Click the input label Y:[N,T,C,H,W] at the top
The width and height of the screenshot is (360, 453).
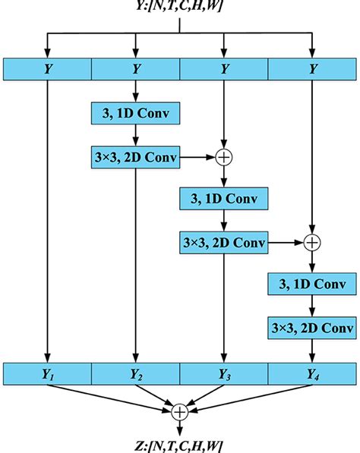point(180,8)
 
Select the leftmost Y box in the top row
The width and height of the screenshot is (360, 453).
point(47,69)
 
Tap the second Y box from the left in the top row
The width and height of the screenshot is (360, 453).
point(135,69)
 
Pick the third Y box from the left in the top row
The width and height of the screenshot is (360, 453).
point(224,69)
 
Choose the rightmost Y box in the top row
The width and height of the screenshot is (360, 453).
point(312,69)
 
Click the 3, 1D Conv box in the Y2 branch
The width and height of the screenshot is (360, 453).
point(135,114)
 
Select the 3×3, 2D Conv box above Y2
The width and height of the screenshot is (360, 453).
point(135,158)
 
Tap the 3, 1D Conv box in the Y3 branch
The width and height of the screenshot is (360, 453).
point(224,199)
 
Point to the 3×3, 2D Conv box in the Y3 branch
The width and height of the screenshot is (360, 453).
point(224,243)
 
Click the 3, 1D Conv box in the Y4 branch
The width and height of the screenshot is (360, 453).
point(312,285)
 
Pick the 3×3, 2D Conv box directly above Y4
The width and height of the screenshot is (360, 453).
point(312,328)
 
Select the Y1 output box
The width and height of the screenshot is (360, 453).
point(47,373)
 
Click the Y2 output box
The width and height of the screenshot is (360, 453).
point(135,373)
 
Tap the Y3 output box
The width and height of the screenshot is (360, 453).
point(224,373)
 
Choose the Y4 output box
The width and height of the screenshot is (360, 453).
point(312,373)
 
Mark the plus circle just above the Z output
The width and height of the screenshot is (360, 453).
point(180,412)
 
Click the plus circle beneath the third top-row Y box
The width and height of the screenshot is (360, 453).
point(224,158)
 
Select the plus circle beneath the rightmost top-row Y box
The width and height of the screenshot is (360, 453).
point(312,243)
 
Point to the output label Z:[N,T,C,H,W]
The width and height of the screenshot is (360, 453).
point(180,444)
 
